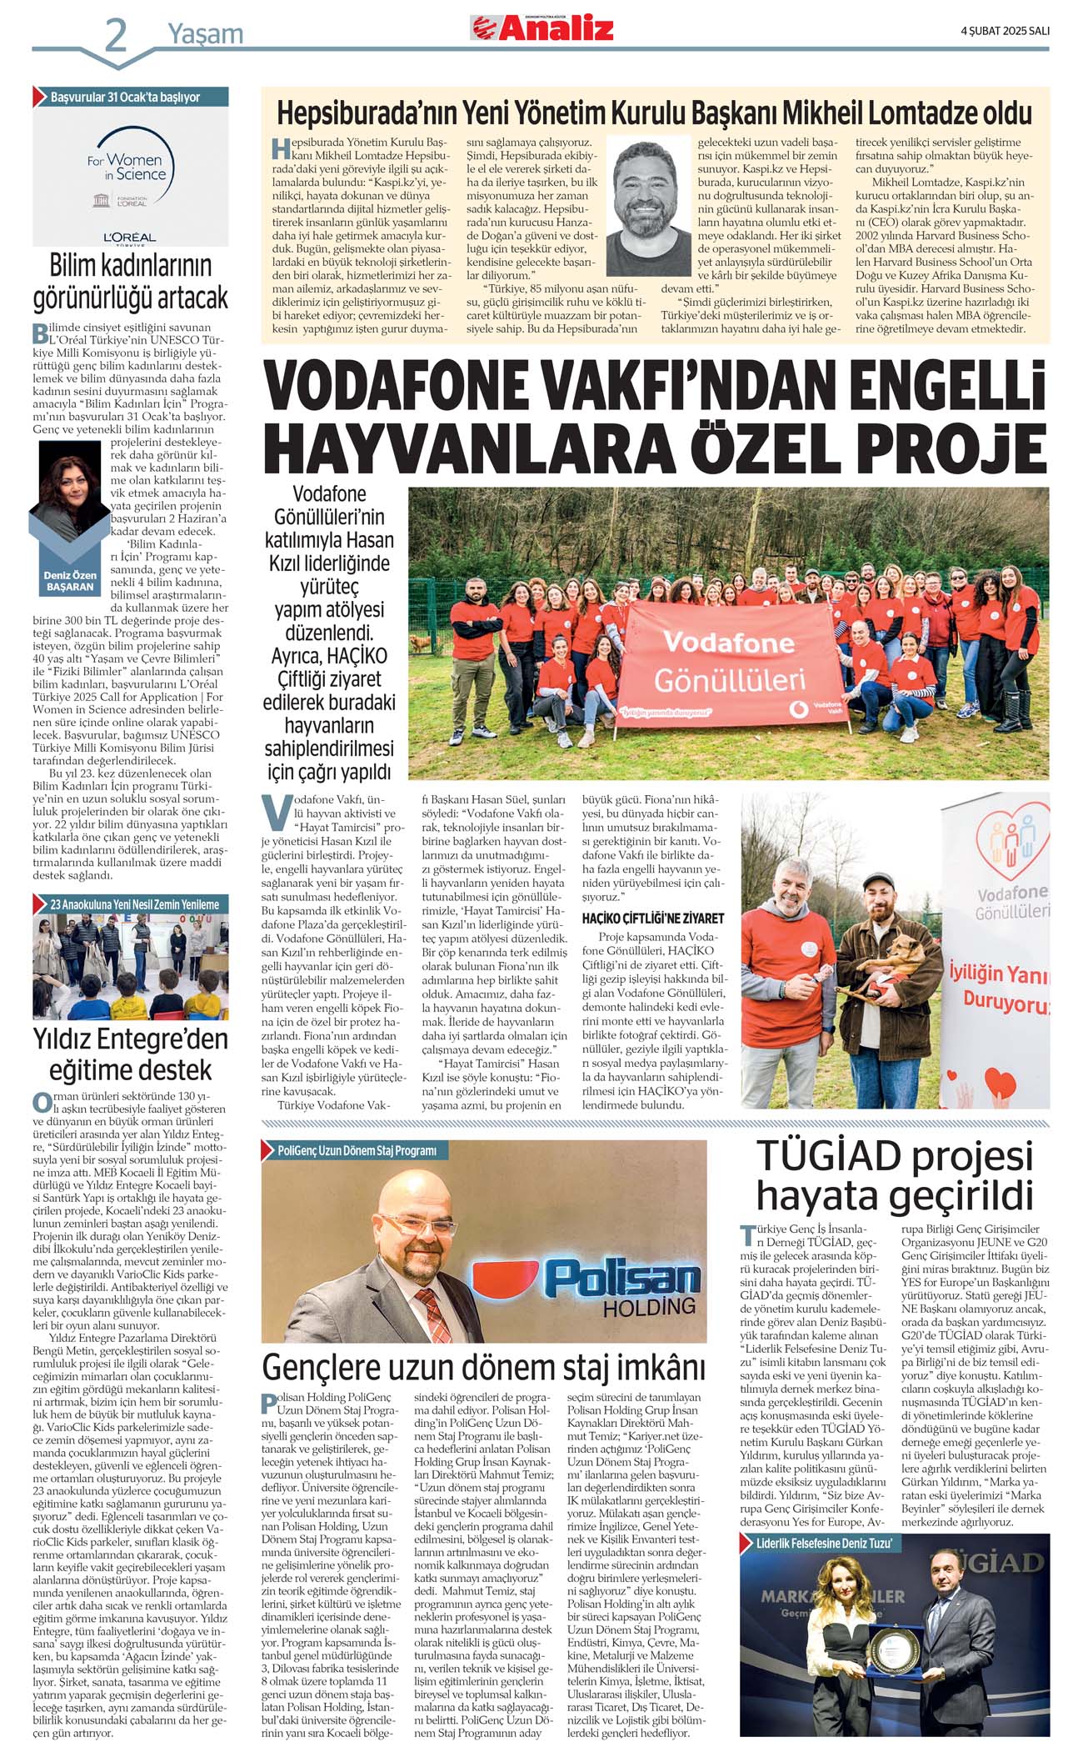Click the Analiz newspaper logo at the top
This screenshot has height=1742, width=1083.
coord(542,28)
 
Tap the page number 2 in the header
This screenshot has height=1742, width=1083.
coord(115,35)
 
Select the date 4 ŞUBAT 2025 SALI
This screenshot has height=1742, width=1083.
coord(1005,30)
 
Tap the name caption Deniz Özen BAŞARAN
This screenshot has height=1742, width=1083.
coord(70,581)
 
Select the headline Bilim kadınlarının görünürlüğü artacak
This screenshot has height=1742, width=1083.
coord(130,282)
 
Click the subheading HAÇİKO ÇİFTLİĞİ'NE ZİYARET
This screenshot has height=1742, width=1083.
coord(653,918)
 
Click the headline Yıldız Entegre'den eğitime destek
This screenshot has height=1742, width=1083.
coord(130,1055)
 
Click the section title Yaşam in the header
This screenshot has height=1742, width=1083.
coord(205,34)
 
